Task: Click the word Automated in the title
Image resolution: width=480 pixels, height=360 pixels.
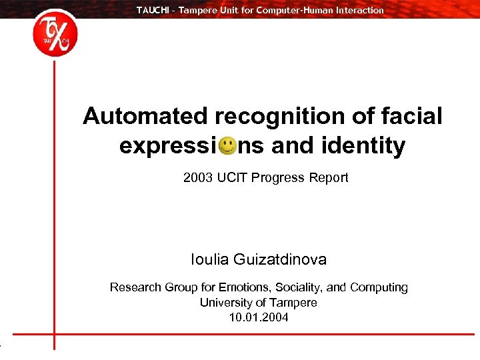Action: pyautogui.click(x=145, y=117)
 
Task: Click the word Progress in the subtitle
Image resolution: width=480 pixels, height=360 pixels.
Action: pyautogui.click(x=278, y=178)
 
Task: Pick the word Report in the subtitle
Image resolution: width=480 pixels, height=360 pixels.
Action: pyautogui.click(x=329, y=178)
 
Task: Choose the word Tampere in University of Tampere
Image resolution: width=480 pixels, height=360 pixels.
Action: pyautogui.click(x=294, y=303)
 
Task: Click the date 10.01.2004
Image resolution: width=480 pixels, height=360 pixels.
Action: pyautogui.click(x=259, y=317)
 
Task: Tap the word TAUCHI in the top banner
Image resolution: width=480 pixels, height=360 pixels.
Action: pyautogui.click(x=152, y=10)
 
